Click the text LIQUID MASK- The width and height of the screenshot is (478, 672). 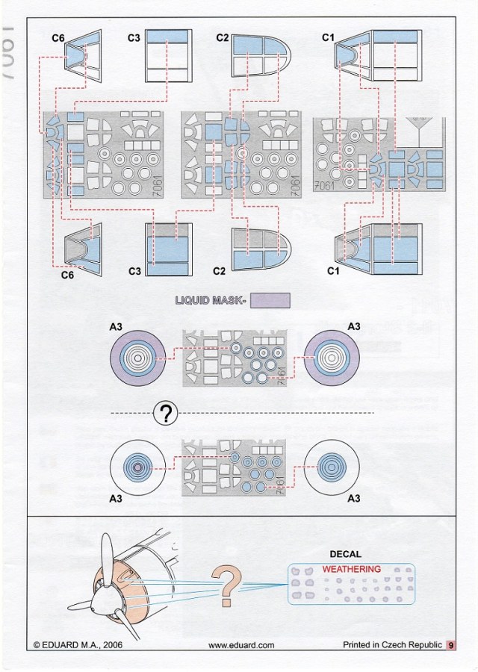(210, 301)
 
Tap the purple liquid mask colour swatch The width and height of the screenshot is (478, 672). (269, 301)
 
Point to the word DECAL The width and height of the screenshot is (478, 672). (345, 555)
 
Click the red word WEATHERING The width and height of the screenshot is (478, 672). (351, 569)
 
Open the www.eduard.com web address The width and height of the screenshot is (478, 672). (241, 644)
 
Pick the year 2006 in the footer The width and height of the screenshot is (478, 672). (111, 644)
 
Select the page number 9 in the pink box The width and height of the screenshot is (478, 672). (452, 644)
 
